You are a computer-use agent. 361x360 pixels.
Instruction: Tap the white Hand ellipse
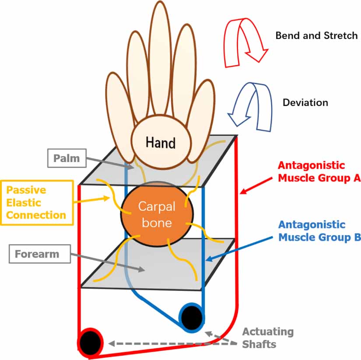[x=161, y=143]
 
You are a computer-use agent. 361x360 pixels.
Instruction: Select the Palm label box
[x=67, y=158]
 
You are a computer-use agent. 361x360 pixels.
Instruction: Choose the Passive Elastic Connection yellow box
[x=36, y=203]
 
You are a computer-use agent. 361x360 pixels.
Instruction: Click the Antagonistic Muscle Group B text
[x=319, y=231]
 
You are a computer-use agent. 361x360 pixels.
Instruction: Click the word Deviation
[x=305, y=102]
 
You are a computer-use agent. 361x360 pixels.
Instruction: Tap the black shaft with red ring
[x=90, y=341]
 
